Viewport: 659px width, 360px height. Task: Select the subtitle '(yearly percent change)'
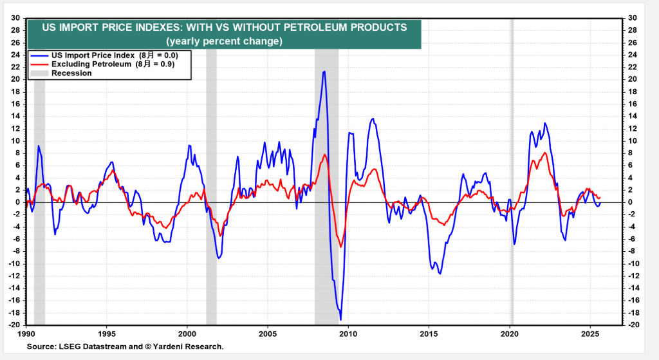(x=224, y=41)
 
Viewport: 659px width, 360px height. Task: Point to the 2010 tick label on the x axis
(x=348, y=334)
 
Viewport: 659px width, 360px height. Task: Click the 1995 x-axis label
(x=107, y=334)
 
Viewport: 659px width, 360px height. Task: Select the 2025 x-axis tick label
(x=590, y=334)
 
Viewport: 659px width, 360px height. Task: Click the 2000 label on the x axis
(x=187, y=334)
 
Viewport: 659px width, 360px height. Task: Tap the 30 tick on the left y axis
(x=15, y=18)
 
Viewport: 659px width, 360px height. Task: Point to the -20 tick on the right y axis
(x=633, y=325)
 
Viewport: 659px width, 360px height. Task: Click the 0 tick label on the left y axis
(x=18, y=202)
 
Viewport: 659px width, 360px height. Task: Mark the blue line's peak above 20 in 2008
(x=324, y=71)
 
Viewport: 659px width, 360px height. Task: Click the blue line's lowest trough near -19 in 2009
(x=340, y=319)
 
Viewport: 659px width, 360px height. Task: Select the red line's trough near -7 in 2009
(x=340, y=247)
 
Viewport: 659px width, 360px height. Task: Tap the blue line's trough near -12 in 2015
(x=440, y=274)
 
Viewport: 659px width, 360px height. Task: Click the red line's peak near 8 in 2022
(x=545, y=153)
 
